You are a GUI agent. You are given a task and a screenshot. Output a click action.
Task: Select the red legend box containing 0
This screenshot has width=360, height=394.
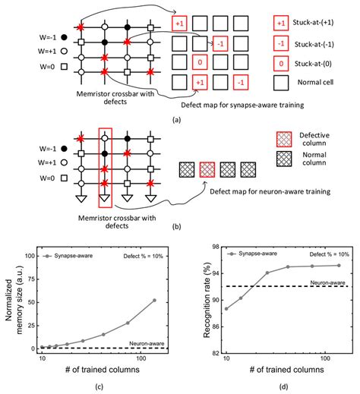click(x=283, y=63)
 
